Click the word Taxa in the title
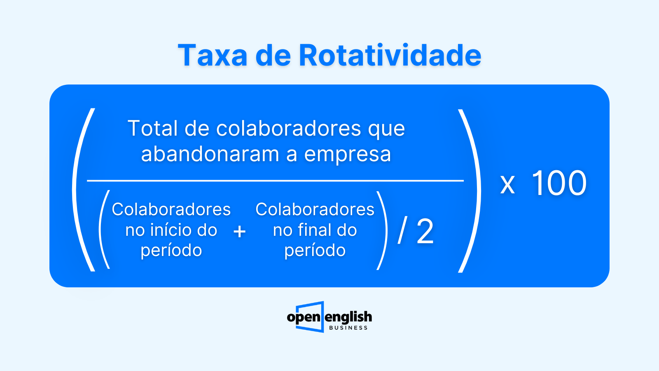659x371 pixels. pos(213,55)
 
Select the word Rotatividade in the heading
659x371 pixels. pos(390,55)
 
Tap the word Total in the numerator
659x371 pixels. pos(153,128)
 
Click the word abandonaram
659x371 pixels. pos(210,154)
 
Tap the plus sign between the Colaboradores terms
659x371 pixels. pos(239,231)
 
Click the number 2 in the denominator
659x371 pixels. pos(425,231)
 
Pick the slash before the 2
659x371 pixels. pos(402,230)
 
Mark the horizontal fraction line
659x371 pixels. pos(276,181)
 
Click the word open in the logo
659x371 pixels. pos(303,317)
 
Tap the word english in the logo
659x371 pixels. pos(348,317)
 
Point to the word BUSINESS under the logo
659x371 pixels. pos(348,328)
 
